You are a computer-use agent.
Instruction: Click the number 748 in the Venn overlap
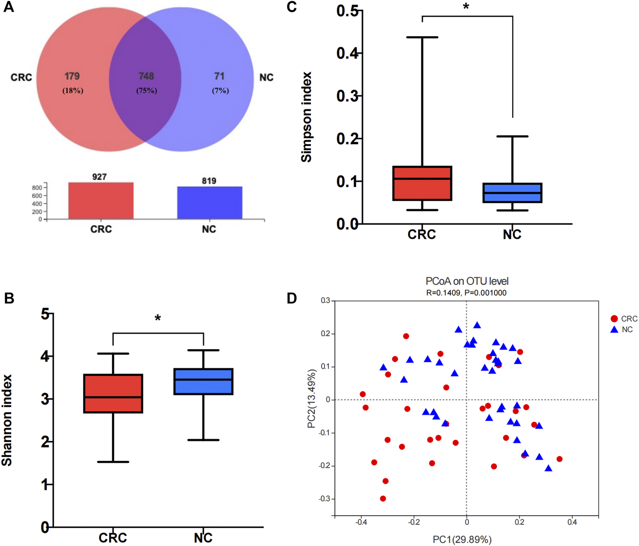(x=146, y=76)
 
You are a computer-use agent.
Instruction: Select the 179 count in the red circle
(x=72, y=76)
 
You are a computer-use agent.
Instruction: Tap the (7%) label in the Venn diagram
(x=221, y=91)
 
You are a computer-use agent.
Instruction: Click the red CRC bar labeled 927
(x=101, y=201)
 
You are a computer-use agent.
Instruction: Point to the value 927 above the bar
(x=99, y=177)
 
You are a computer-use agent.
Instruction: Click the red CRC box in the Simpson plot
(x=422, y=183)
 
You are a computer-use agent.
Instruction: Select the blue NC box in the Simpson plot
(x=512, y=193)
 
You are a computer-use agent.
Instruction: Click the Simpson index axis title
(x=307, y=117)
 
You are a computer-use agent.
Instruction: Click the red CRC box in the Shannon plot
(x=113, y=393)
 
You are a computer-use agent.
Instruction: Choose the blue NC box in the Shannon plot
(x=203, y=381)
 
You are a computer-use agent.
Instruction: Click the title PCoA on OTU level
(x=467, y=281)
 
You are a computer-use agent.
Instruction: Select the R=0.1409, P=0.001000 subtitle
(x=466, y=293)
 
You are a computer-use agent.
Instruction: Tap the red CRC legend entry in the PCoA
(x=624, y=319)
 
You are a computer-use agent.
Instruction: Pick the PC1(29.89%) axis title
(x=462, y=539)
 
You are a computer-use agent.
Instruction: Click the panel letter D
(x=292, y=298)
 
